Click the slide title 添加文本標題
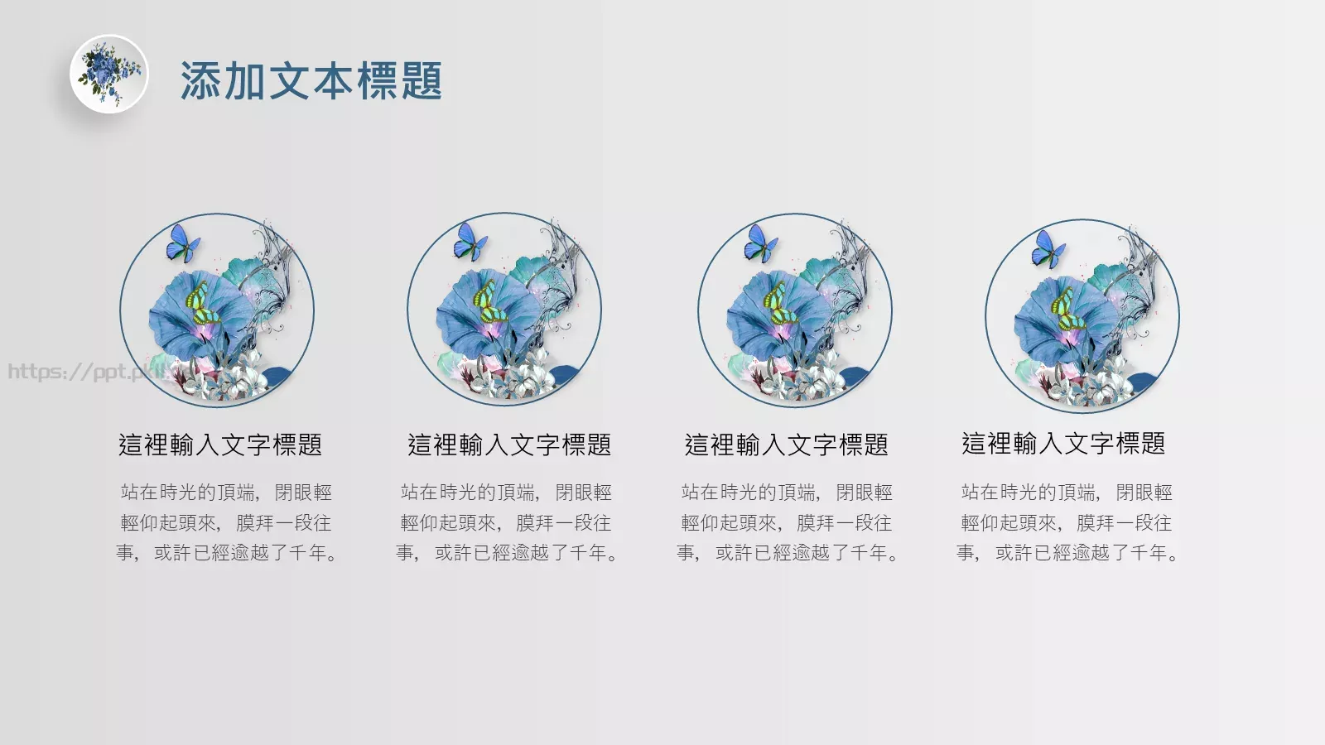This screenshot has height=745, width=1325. (311, 81)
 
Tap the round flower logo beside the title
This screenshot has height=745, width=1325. (108, 74)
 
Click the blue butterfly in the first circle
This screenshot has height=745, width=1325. (182, 243)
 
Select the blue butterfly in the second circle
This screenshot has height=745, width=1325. (470, 241)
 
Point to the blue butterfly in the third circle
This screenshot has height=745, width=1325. (760, 243)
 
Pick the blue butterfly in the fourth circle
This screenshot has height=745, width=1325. (1048, 248)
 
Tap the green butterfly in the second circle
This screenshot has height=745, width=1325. (489, 304)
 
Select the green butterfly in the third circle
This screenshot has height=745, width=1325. (779, 305)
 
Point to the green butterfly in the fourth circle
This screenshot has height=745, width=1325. (1067, 310)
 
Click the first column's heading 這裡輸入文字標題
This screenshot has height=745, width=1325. (220, 445)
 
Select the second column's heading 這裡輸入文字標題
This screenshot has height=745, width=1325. (509, 445)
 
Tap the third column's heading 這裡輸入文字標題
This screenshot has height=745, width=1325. (787, 445)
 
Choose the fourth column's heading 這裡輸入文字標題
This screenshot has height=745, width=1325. (1063, 444)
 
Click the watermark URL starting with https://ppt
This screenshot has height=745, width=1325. (83, 372)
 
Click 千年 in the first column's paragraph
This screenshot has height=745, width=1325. (308, 553)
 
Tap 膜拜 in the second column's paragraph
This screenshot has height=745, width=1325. (535, 523)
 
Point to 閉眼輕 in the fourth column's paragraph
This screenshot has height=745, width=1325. (1144, 493)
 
